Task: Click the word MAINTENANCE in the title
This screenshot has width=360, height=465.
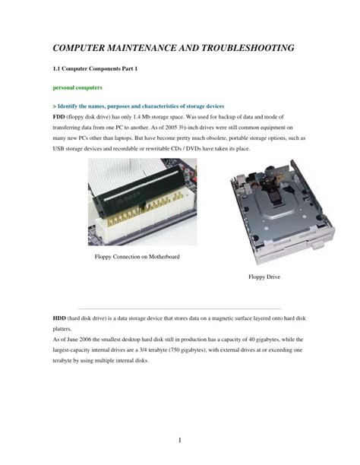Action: click(144, 49)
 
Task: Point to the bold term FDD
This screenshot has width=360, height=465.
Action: click(58, 117)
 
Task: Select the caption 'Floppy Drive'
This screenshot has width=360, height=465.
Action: click(264, 277)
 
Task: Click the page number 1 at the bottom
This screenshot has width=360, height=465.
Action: click(179, 440)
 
